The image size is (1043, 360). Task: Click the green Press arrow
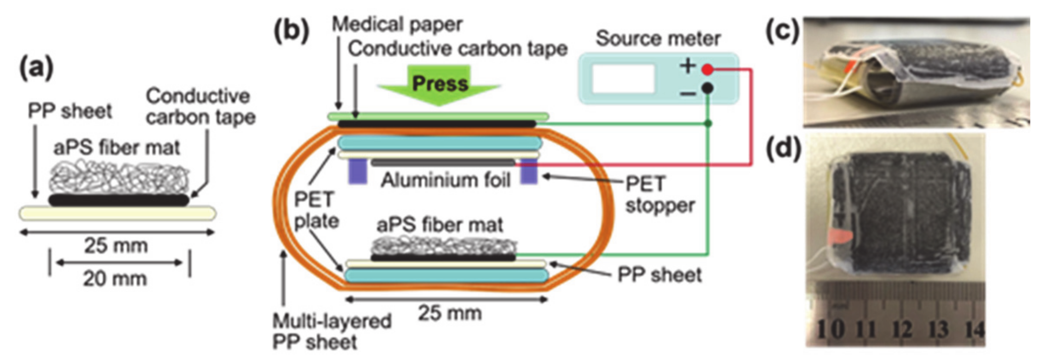point(439,85)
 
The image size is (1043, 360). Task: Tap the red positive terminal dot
point(708,70)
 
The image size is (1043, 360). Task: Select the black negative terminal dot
point(708,88)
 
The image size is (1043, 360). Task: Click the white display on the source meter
point(623,78)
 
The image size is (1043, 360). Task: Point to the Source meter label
point(658,39)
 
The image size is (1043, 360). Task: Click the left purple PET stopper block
point(357,171)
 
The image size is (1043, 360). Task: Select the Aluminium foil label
point(445,180)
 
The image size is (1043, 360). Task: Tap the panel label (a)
point(36,68)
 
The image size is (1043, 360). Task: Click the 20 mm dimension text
point(115,279)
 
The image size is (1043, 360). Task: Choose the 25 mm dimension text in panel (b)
point(450,314)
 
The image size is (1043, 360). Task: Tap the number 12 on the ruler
point(902,329)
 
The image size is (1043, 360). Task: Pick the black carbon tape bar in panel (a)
point(119,200)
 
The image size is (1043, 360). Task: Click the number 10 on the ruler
point(831,329)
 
